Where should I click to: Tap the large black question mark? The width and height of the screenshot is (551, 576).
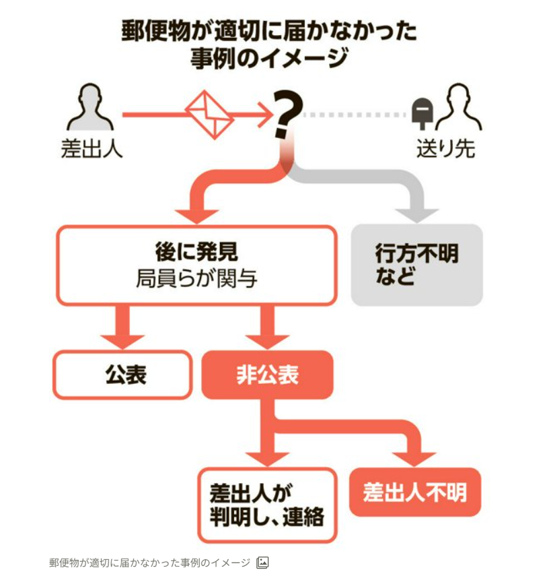(287, 116)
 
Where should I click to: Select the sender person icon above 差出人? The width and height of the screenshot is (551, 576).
(91, 108)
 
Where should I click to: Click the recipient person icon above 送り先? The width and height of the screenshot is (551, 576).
(458, 108)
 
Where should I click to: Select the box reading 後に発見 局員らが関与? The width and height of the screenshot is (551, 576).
(196, 265)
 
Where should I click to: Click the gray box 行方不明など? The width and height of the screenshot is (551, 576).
(416, 264)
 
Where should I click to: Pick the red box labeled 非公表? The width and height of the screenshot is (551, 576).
(267, 375)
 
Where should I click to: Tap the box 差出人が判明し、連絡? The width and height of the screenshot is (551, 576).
(267, 505)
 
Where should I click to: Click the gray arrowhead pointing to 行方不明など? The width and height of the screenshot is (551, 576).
(416, 214)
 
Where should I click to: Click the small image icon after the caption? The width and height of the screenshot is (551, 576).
(263, 563)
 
